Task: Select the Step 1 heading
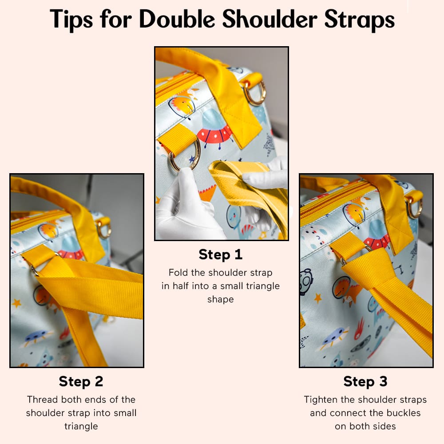[x=220, y=254]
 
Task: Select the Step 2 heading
[x=81, y=381]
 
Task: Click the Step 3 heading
[x=365, y=381]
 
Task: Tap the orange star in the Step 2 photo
[x=17, y=303]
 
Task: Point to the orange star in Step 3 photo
[x=318, y=298]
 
